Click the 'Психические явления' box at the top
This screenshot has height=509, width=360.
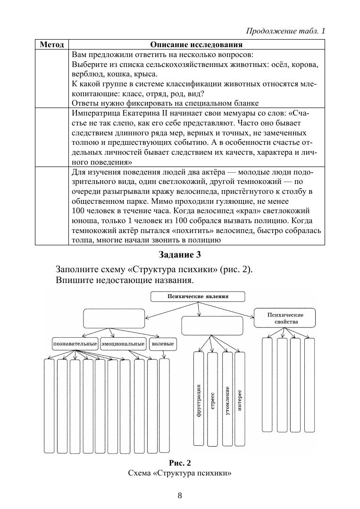point(198,297)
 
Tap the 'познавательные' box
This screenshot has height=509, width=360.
point(75,344)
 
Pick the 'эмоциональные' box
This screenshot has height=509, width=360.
point(123,344)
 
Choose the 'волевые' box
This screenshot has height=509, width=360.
point(163,344)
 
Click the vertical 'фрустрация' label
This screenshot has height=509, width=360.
point(199,401)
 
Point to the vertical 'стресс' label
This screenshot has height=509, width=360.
point(212,401)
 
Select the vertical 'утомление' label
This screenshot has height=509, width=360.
point(227,401)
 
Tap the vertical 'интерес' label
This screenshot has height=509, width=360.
point(240,401)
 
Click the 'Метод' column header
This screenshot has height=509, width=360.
point(52,45)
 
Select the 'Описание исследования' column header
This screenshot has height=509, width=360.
point(196,45)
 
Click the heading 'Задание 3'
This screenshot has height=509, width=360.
point(180,255)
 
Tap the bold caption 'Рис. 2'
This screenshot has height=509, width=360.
point(180,462)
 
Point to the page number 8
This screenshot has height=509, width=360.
point(180,495)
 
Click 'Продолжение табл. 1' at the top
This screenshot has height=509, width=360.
point(285,31)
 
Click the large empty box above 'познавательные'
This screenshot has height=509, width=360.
point(115,318)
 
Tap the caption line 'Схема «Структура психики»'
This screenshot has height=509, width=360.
point(180,473)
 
